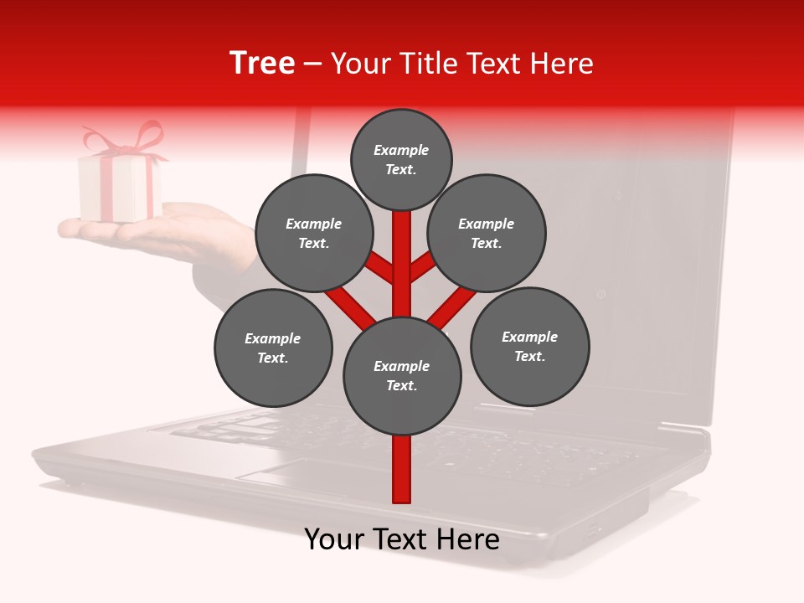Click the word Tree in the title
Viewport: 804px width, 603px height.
262,64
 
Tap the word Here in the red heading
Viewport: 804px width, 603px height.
563,64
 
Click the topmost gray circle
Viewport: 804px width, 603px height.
401,159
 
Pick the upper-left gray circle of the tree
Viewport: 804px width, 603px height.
314,233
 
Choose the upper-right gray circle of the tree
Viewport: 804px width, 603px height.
487,233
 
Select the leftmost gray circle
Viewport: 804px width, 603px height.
273,348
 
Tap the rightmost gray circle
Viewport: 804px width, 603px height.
529,346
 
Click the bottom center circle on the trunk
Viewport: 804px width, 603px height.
402,376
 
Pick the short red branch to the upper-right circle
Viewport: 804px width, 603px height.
424,266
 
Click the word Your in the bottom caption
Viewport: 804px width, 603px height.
335,539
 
